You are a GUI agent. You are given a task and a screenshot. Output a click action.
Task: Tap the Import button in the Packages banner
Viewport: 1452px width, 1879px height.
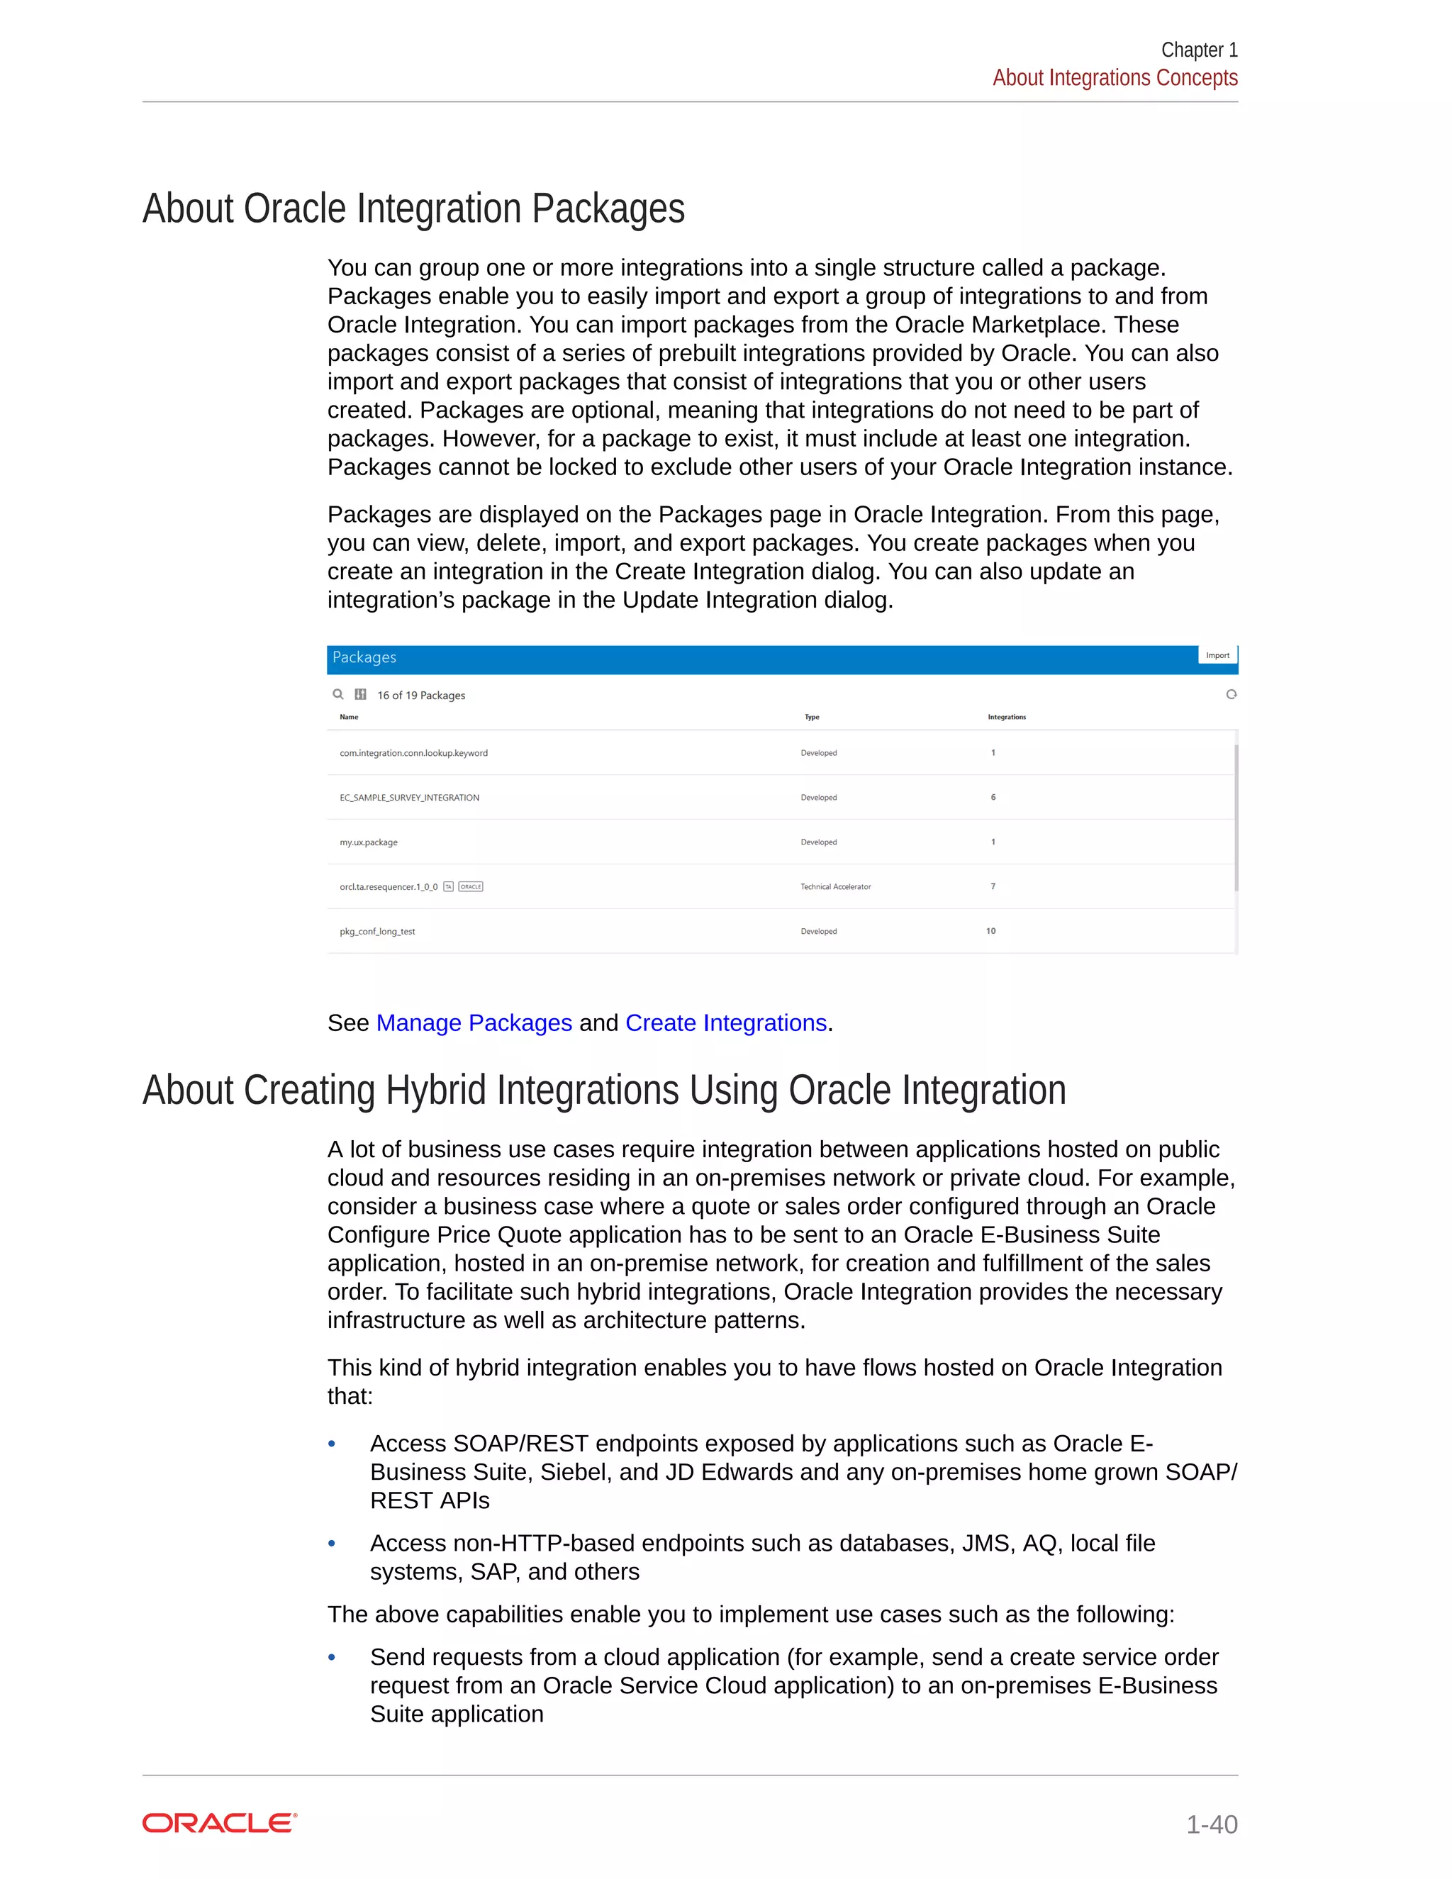click(x=1217, y=656)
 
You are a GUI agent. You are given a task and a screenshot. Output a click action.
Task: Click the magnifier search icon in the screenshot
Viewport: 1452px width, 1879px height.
click(x=338, y=694)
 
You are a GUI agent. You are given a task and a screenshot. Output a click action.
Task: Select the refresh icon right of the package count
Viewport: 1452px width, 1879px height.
click(x=1231, y=694)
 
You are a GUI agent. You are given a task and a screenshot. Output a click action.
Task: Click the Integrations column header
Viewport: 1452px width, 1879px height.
click(x=1007, y=717)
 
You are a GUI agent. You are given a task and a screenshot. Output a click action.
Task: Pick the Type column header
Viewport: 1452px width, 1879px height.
click(x=811, y=717)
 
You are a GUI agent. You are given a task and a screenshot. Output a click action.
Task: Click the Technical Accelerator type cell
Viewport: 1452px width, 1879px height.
click(x=835, y=886)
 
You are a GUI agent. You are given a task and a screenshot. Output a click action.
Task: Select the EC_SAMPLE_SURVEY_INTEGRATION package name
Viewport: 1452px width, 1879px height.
click(x=410, y=798)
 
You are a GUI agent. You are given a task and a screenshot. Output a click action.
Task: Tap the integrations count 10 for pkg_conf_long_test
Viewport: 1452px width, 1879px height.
click(x=991, y=931)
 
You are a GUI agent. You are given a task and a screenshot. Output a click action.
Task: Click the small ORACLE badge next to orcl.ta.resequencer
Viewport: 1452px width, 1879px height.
click(x=471, y=886)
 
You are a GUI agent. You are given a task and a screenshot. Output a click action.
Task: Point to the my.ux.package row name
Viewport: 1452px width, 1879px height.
click(x=368, y=842)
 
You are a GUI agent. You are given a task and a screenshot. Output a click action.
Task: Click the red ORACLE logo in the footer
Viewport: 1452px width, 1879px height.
click(x=219, y=1823)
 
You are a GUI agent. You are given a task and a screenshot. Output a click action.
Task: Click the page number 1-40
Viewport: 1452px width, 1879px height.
click(x=1211, y=1824)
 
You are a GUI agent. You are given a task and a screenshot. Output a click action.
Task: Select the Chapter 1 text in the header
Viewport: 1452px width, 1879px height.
click(x=1198, y=50)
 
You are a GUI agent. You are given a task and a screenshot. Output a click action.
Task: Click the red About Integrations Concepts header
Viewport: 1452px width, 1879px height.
click(x=1115, y=77)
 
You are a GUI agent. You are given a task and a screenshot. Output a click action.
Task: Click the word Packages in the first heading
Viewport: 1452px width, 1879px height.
click(x=608, y=209)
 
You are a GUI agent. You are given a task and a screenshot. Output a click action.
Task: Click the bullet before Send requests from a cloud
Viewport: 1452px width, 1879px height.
click(x=332, y=1657)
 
